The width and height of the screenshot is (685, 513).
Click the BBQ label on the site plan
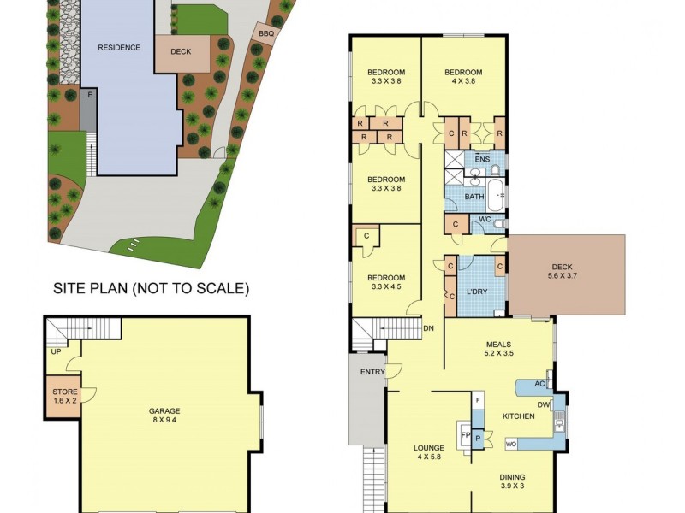(x=265, y=32)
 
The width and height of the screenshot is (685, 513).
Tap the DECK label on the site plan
(x=181, y=51)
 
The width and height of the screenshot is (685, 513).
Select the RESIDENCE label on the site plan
(x=118, y=47)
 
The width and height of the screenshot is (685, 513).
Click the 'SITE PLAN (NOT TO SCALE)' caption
(x=152, y=289)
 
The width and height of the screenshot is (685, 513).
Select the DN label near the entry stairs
(x=428, y=327)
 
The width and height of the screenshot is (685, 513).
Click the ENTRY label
(x=372, y=371)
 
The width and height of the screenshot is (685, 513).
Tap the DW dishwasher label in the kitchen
(x=544, y=404)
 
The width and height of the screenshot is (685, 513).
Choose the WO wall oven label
(x=510, y=443)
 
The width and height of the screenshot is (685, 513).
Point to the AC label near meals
(x=539, y=384)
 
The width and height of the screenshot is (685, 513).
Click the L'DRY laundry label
(x=476, y=292)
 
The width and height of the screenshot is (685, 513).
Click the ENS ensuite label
(x=482, y=159)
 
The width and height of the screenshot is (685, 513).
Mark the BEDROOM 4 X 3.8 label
(x=463, y=77)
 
